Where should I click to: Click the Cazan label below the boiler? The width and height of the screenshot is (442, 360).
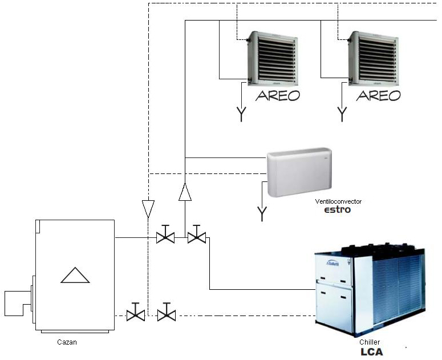point(67,342)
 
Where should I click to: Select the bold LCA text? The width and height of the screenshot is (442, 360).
point(372,352)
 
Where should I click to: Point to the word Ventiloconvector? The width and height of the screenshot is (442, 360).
point(338,202)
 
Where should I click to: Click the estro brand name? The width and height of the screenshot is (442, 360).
point(338,210)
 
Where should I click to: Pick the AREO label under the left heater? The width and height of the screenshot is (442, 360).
point(278,95)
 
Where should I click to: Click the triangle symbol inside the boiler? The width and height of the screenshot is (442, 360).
point(75,276)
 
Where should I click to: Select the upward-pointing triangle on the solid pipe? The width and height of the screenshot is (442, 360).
point(185,192)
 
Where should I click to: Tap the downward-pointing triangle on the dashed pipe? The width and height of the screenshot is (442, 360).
point(148,208)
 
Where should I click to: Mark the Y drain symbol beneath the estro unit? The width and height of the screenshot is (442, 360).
point(262,214)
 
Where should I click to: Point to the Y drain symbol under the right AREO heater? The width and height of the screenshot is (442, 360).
point(342,114)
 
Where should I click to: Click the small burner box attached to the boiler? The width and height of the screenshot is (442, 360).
point(15,303)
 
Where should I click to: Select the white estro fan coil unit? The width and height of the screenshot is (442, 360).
point(299,172)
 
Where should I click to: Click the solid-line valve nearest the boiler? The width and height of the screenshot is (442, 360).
point(165,234)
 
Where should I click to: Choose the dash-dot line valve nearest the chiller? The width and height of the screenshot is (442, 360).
point(167,313)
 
